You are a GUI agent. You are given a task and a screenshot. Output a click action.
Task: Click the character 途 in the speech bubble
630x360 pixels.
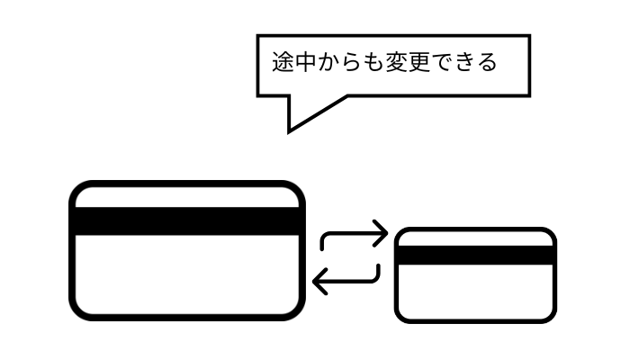tap(283, 63)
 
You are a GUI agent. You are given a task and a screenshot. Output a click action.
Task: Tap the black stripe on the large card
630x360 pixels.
tap(187, 221)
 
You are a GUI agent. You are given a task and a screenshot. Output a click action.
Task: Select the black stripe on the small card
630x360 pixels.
tap(475, 255)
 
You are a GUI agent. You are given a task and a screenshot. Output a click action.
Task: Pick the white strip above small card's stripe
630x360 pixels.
tap(475, 238)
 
